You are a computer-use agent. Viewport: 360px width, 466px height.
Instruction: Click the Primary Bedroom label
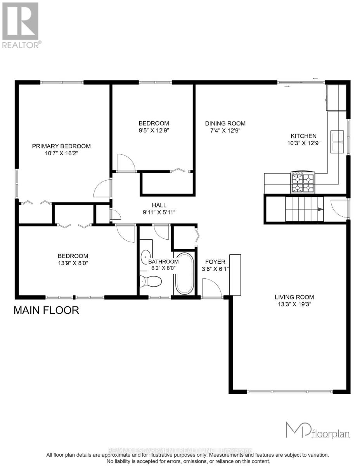tap(61, 146)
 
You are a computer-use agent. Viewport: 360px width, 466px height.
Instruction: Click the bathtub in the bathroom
tap(184, 274)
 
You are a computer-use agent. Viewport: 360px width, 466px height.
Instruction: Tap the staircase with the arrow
tap(304, 209)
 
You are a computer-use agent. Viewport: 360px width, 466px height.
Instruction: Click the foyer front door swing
tap(212, 288)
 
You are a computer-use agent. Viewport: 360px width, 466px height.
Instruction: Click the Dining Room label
tap(225, 123)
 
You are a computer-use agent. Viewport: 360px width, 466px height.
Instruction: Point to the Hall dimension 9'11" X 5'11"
tap(159, 212)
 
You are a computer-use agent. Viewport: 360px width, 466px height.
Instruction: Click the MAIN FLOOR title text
tap(46, 310)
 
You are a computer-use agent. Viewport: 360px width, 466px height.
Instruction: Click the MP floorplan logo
tap(318, 430)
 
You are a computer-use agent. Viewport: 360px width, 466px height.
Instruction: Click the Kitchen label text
tap(304, 136)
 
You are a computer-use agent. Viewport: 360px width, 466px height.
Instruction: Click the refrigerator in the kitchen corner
tap(336, 97)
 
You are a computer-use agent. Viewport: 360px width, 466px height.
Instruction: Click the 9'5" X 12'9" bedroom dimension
tap(154, 130)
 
